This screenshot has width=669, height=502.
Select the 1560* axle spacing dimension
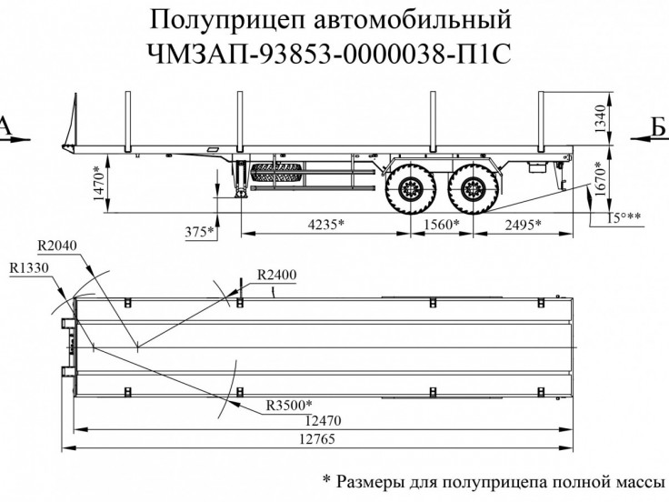(441, 224)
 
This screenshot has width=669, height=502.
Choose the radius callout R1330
(29, 269)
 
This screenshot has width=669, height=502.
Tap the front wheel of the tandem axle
(406, 189)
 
